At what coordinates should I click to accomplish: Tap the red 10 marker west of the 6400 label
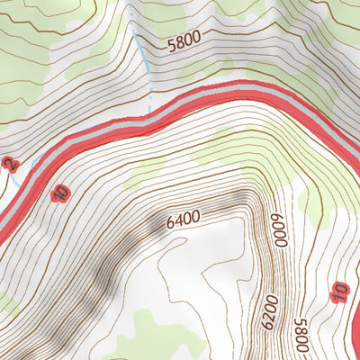click(x=60, y=193)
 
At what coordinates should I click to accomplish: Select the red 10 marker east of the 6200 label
click(x=339, y=292)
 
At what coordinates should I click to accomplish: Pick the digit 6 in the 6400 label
click(x=169, y=222)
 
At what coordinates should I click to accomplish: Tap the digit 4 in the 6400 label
click(x=177, y=218)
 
